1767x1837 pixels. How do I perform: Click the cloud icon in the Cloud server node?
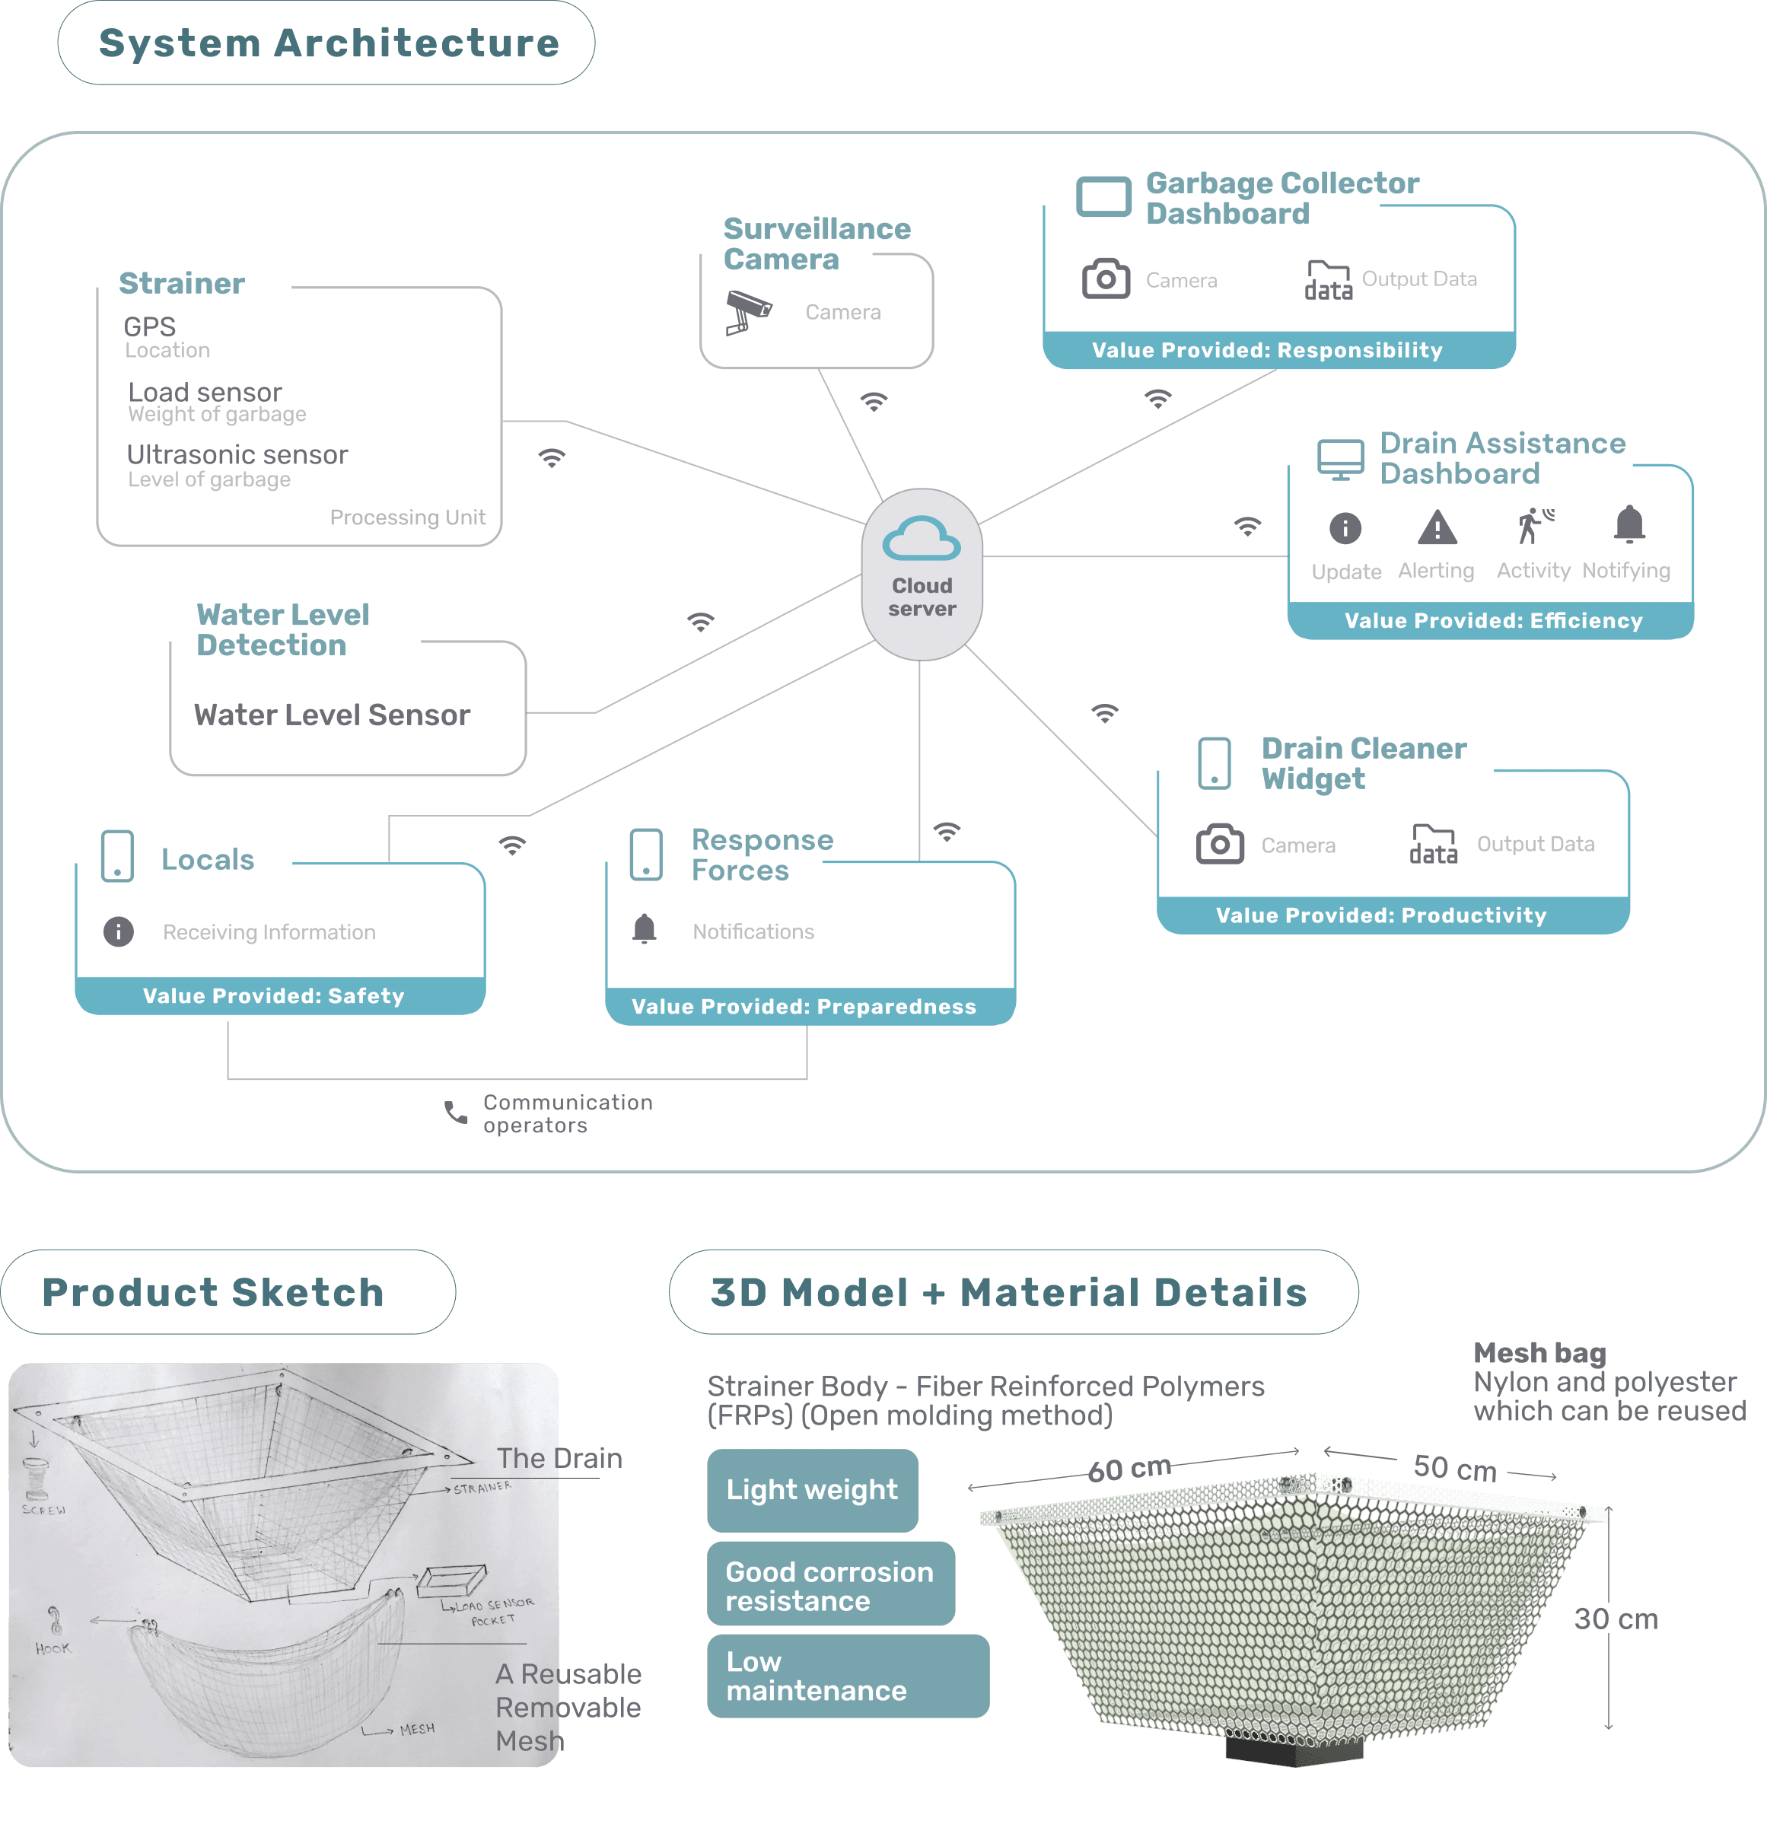[922, 538]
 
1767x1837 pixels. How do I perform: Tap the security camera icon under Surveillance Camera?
[748, 311]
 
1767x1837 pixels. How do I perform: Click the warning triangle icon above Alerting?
[1436, 527]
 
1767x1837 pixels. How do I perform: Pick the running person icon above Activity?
[1533, 526]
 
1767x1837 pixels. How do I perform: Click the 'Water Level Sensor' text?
[332, 715]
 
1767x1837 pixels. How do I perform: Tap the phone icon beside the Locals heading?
[117, 855]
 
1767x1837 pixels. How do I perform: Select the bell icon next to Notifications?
[644, 929]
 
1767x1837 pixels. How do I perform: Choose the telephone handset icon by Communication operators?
[456, 1113]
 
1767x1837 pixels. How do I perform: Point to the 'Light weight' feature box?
[812, 1490]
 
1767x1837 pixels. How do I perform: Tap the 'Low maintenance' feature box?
[848, 1676]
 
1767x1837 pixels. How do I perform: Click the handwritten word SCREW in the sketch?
[44, 1510]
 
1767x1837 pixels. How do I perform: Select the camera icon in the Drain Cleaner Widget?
[1220, 845]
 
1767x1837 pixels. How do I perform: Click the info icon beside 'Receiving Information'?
[118, 931]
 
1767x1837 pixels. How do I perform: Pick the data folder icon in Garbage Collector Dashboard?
[1329, 280]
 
